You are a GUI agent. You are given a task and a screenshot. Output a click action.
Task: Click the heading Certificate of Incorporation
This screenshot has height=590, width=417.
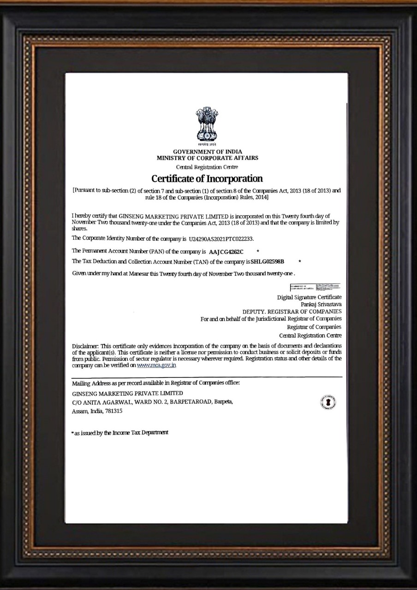point(207,178)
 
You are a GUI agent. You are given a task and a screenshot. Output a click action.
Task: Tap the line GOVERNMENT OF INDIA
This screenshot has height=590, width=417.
point(207,152)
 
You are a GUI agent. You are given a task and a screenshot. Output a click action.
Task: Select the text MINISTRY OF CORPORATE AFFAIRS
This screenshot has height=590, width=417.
point(207,158)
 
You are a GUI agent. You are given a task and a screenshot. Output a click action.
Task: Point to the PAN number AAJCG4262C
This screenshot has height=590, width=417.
point(226,252)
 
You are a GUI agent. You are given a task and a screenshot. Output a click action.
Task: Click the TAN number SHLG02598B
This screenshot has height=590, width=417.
point(268,262)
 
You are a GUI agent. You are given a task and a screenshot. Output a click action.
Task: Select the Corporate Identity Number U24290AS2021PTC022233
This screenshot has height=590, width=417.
point(221,239)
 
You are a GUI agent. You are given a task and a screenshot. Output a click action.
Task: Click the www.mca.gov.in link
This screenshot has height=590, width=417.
point(157,365)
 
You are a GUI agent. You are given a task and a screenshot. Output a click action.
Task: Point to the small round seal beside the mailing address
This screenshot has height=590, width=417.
point(328,402)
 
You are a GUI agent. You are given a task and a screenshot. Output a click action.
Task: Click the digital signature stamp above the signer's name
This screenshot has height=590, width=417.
point(315,287)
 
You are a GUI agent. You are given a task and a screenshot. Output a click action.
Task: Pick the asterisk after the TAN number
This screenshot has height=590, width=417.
point(300,262)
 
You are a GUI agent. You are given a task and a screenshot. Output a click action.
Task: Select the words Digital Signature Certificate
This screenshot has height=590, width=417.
point(309,297)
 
